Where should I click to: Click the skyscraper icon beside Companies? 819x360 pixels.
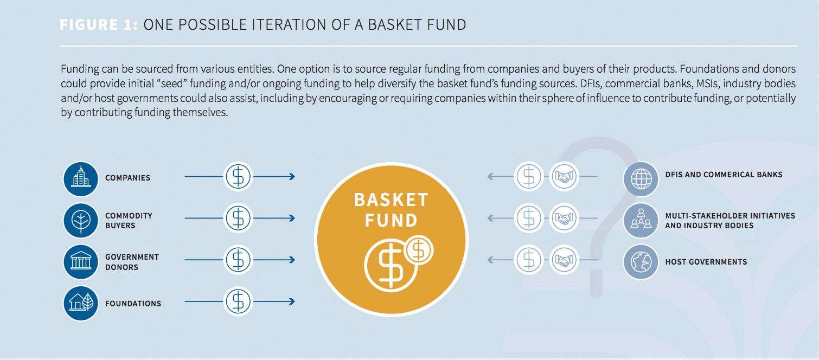(x=81, y=178)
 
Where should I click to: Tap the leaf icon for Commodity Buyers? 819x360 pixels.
(x=81, y=220)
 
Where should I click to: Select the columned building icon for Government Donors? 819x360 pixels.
(x=81, y=261)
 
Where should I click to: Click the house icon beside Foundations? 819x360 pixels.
(x=81, y=303)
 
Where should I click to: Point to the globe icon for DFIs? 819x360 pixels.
(x=641, y=178)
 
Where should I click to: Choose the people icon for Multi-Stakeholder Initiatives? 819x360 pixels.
(x=641, y=220)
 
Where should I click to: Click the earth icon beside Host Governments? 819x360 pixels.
(x=641, y=261)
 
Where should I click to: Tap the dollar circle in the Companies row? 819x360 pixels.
(x=238, y=177)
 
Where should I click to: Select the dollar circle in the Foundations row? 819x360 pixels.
(x=238, y=301)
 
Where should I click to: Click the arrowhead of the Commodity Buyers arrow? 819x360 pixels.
(x=292, y=218)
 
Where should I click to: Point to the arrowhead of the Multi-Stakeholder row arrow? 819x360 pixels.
(x=490, y=218)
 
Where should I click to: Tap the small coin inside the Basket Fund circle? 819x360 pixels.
(x=418, y=250)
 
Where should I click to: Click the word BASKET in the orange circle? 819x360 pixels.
(x=391, y=200)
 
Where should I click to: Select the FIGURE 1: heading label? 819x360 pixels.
(x=99, y=25)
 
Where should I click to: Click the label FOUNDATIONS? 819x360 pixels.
(x=133, y=304)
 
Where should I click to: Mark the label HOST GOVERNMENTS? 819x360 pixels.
(x=706, y=262)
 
